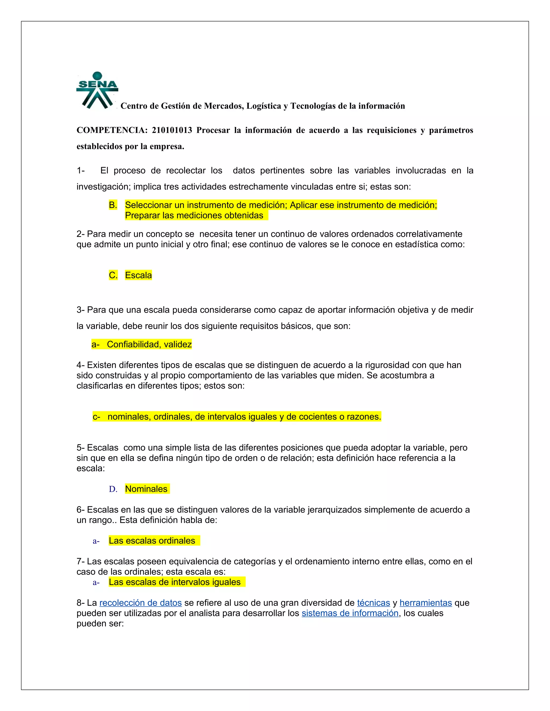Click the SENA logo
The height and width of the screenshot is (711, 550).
coord(97,90)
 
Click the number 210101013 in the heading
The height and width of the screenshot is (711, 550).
coord(172,130)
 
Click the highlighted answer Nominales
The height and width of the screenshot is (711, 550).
coord(146,489)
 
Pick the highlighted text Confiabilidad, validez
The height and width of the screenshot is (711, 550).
coord(149,344)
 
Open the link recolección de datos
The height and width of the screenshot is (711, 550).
coord(140,603)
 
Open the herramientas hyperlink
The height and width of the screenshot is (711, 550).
coord(426,603)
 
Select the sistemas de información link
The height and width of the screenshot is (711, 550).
coord(350,613)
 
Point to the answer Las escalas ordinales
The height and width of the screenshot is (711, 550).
coord(152,541)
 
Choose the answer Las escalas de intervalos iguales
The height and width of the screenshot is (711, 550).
coord(175,582)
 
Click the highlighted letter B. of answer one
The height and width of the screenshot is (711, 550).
coord(113,205)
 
